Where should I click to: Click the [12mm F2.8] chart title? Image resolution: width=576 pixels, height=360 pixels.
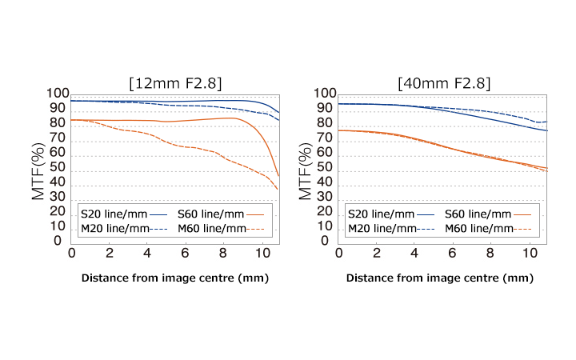tap(175, 82)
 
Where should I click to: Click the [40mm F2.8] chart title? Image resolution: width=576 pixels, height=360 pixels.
tap(443, 82)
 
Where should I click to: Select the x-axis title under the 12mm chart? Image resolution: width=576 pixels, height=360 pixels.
tap(174, 278)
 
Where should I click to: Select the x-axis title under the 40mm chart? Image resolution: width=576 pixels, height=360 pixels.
tap(442, 278)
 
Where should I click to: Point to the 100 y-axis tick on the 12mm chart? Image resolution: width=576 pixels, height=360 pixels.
tap(59, 94)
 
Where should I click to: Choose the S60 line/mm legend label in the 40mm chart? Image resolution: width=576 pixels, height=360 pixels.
tap(477, 214)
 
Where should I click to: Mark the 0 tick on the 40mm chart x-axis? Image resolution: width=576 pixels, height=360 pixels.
tap(339, 254)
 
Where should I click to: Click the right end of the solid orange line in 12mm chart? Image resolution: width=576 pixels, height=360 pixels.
tap(278, 176)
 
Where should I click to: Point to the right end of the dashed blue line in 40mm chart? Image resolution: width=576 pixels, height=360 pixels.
tap(546, 122)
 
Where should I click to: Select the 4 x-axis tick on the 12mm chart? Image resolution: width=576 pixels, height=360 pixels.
tap(147, 254)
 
